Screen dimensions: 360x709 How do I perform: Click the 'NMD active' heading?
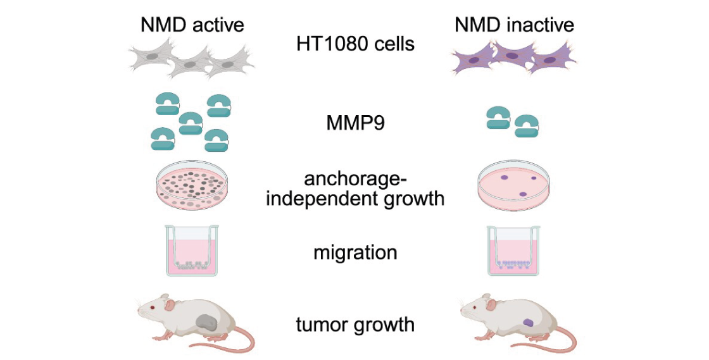point(192,25)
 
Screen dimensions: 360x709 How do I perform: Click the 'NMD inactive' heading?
point(514,25)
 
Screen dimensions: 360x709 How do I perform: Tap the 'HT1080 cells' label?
point(355,44)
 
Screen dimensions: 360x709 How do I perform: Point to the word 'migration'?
point(355,253)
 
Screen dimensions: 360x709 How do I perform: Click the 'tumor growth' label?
point(355,325)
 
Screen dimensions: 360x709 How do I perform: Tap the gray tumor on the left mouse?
point(206,323)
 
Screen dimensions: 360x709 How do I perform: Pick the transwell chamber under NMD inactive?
point(513,250)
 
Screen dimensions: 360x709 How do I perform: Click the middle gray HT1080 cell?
point(191,63)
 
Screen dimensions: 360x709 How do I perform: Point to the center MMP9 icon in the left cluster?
point(191,122)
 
